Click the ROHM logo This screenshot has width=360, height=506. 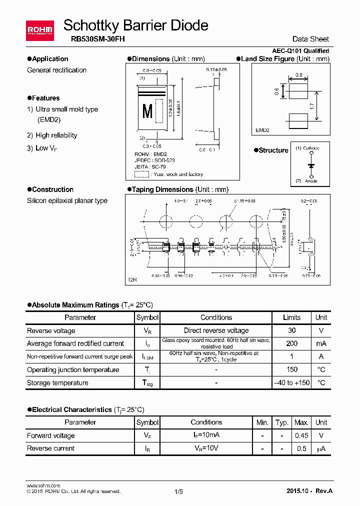coord(39,30)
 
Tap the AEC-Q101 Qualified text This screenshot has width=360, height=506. coord(300,51)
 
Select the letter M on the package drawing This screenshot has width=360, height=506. coord(147,111)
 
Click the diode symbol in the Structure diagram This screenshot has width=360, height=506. coord(311,164)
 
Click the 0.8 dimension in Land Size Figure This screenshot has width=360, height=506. coord(299,75)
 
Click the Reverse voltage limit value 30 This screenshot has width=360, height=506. coord(291,330)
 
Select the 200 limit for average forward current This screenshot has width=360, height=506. coord(291,343)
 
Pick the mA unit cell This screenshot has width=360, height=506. coord(321,343)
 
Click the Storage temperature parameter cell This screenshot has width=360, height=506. coord(57,383)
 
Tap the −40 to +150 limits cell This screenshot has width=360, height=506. coord(291,383)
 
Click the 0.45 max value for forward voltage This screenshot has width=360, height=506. coord(301,435)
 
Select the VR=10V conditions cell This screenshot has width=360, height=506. coord(206,448)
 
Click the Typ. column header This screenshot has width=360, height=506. coord(282,422)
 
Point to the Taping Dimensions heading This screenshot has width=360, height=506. coord(180,189)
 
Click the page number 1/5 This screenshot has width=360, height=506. coord(179,491)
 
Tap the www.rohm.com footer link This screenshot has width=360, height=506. coord(43,485)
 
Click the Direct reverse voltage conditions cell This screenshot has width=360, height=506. coord(216,330)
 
